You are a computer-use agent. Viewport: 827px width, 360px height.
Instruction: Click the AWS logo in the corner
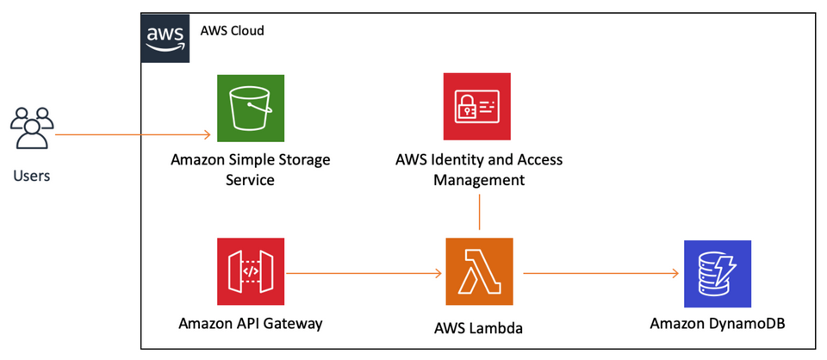pos(165,37)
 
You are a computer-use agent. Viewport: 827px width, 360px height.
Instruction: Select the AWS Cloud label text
pos(232,31)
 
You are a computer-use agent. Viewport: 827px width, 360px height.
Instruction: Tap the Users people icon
pos(32,128)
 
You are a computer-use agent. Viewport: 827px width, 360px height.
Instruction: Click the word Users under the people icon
pos(32,176)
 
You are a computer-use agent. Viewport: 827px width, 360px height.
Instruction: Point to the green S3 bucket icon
pos(251,107)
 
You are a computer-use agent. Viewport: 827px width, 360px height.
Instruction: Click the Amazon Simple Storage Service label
pos(251,170)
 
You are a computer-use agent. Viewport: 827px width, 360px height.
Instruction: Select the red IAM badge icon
pos(477,107)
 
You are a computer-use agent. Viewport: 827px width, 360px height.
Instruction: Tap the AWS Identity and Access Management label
pos(479,170)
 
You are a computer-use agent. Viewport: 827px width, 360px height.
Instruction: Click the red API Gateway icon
pos(251,272)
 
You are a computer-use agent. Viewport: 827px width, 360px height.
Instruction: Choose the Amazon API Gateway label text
pos(251,324)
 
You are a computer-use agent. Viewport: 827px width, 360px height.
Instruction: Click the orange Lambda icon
pos(479,272)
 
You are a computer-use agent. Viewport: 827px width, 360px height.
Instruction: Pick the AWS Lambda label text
pos(479,328)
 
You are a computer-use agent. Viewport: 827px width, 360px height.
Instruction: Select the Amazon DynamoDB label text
pos(718,324)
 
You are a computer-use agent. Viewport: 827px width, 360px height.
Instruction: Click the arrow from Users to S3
pos(129,134)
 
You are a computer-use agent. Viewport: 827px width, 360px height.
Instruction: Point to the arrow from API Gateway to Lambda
pos(362,274)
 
